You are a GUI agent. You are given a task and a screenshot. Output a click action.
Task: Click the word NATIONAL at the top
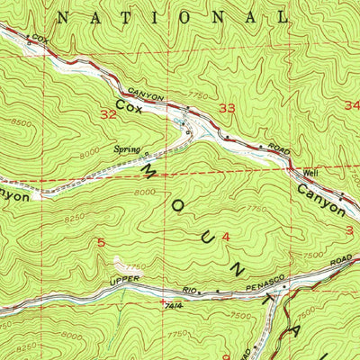(x=171, y=16)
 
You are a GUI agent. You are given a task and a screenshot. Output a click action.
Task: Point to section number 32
(x=109, y=114)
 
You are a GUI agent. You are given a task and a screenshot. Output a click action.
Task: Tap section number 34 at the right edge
(x=351, y=105)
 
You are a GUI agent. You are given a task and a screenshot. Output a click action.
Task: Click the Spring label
(x=125, y=150)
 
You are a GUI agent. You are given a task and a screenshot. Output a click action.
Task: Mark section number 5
(x=101, y=241)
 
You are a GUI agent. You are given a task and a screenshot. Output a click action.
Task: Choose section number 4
(x=225, y=236)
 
